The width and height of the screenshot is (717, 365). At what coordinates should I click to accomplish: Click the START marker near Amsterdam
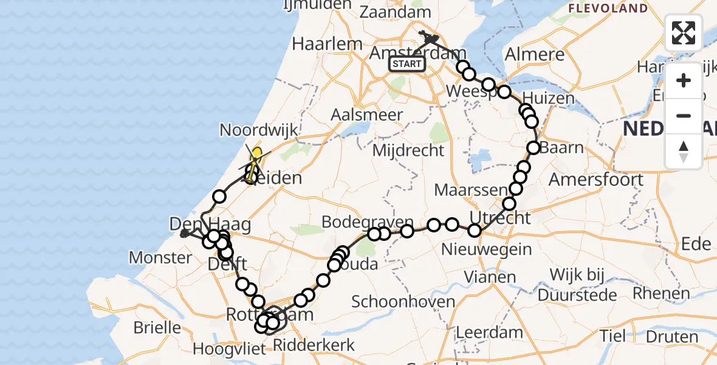(407, 63)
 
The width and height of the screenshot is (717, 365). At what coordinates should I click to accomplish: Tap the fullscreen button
(684, 33)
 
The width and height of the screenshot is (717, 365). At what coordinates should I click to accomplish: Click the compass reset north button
(684, 151)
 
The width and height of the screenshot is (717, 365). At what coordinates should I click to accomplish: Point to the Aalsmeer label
(367, 114)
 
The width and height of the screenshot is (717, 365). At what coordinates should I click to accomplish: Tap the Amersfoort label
(595, 179)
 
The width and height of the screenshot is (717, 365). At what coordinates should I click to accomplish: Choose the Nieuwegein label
(486, 249)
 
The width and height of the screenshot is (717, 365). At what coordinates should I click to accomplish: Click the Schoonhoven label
(403, 302)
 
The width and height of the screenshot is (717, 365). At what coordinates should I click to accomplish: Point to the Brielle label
(157, 328)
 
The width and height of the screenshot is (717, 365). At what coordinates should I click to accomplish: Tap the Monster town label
(160, 257)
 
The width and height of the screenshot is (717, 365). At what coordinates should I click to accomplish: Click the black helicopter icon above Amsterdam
(430, 40)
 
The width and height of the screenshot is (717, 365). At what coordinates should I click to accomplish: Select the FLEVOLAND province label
(608, 9)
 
